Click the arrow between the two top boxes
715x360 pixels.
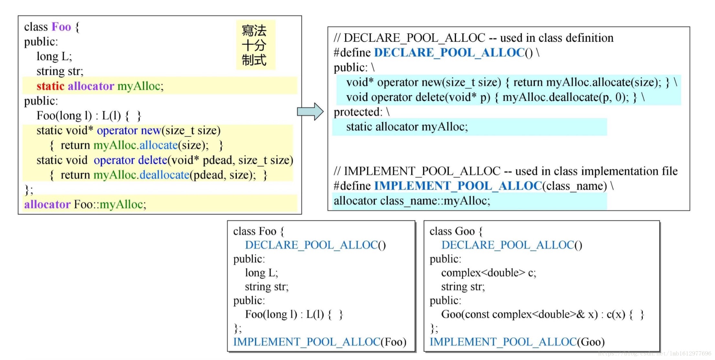click(310, 111)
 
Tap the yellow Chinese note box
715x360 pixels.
click(255, 45)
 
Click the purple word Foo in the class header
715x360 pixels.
click(61, 26)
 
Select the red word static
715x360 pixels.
click(50, 86)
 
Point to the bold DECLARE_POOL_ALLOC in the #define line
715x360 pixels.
click(449, 52)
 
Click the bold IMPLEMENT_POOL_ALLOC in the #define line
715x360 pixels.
click(457, 186)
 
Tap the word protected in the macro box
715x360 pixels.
click(358, 112)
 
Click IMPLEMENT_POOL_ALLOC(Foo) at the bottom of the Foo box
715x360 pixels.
click(319, 342)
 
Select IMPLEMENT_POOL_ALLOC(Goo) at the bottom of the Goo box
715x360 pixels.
click(517, 342)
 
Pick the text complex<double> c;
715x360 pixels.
click(488, 273)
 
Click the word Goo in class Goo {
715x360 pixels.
click(464, 231)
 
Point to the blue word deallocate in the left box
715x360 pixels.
click(164, 175)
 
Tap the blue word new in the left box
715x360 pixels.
click(151, 130)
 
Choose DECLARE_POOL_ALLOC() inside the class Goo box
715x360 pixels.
click(511, 245)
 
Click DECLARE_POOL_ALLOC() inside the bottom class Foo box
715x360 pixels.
click(315, 245)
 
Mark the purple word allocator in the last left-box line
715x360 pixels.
click(47, 204)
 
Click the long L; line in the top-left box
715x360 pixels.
click(54, 56)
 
